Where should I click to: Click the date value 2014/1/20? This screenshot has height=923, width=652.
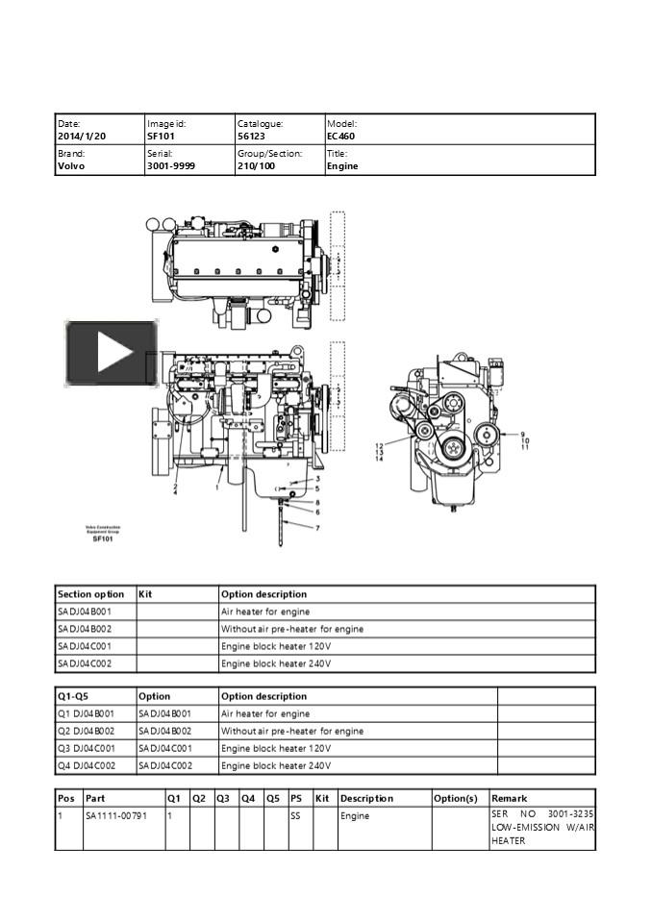click(82, 137)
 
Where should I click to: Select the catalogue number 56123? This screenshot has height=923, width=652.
click(252, 137)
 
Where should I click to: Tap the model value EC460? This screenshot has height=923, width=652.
click(341, 137)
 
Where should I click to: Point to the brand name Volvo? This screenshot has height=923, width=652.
click(71, 166)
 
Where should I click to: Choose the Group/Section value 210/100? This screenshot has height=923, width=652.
click(257, 166)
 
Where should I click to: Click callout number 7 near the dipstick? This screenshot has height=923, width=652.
click(317, 528)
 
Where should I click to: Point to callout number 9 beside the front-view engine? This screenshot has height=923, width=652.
click(523, 435)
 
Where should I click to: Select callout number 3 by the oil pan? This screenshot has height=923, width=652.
click(317, 479)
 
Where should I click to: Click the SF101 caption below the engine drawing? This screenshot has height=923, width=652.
click(103, 539)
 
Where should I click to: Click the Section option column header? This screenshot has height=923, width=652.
click(90, 594)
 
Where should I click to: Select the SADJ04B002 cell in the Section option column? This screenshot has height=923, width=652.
click(85, 629)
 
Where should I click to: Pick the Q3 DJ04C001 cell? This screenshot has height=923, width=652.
click(87, 748)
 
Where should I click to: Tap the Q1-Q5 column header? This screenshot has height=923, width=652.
click(72, 696)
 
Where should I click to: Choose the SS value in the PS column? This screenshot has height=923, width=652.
click(296, 815)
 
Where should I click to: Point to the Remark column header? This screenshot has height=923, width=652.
click(510, 798)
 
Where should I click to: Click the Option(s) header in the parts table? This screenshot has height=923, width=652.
click(456, 798)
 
